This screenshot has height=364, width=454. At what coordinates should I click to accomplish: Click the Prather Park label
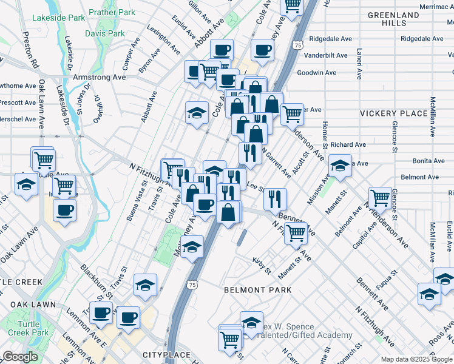click(112, 12)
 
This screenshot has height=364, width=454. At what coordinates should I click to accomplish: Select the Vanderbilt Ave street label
click(326, 55)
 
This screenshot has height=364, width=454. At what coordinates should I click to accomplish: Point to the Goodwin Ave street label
click(316, 73)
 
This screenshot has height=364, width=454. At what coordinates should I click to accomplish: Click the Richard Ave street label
click(348, 145)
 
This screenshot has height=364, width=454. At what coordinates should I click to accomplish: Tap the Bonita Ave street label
click(429, 161)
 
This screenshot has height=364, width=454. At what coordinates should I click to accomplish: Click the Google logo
click(21, 357)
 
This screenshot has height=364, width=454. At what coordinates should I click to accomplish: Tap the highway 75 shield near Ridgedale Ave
click(297, 45)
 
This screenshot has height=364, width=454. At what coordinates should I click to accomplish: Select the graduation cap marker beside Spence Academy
click(251, 323)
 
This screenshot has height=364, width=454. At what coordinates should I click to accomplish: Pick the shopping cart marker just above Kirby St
click(296, 232)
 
